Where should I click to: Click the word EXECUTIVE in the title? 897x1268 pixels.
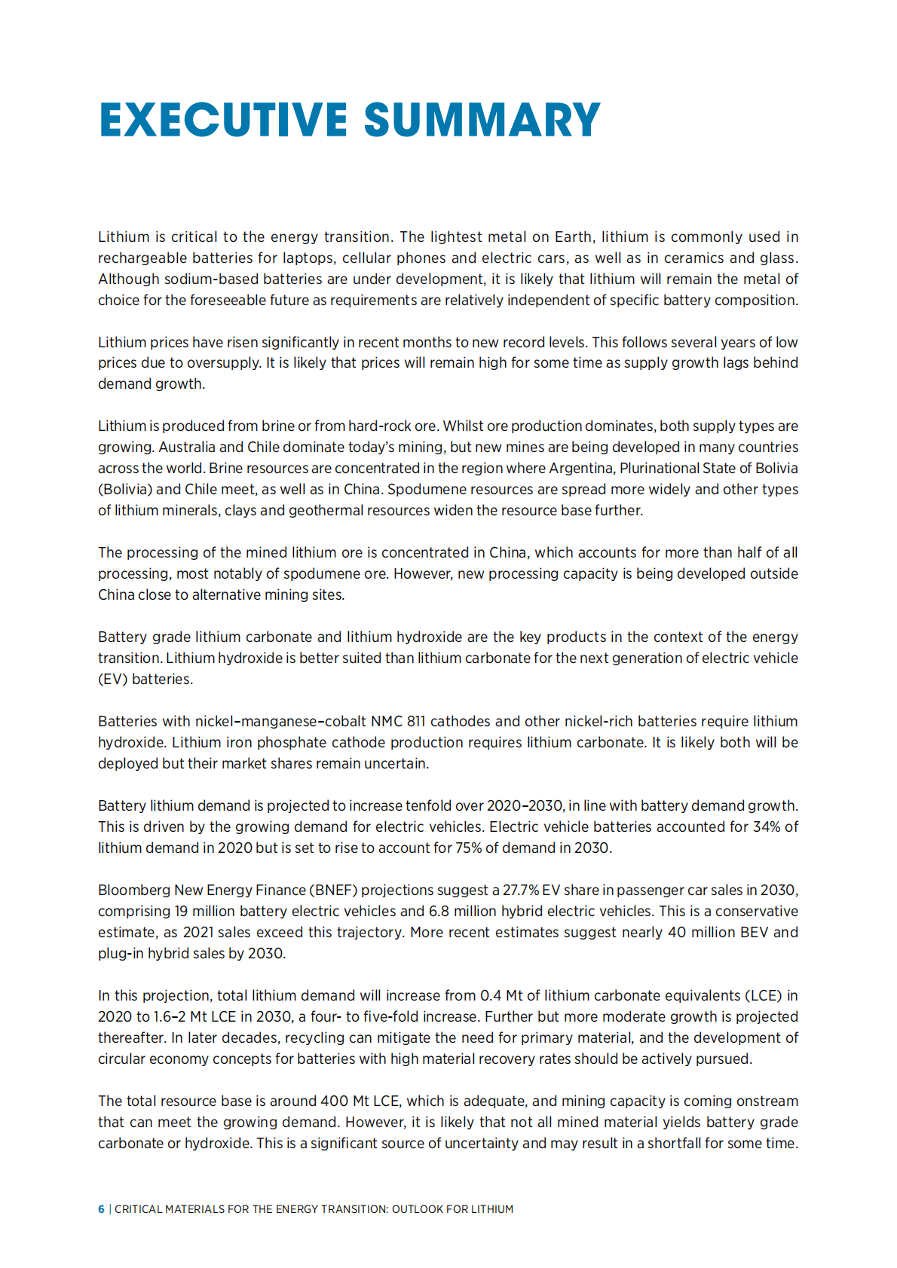(x=223, y=121)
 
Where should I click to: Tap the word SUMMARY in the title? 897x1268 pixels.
(x=482, y=121)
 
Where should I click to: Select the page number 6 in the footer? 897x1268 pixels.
(x=101, y=1209)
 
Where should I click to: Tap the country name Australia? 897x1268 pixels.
(x=187, y=448)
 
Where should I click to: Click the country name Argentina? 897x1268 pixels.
(x=580, y=469)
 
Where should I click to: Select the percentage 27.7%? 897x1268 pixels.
(x=521, y=891)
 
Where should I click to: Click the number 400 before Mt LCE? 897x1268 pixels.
(x=334, y=1101)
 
